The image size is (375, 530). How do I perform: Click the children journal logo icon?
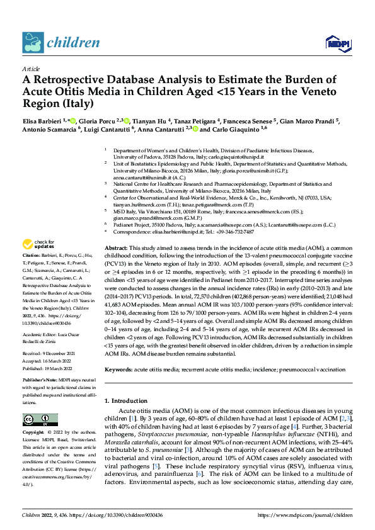[x=33, y=43]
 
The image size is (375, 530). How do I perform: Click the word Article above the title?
[x=31, y=69]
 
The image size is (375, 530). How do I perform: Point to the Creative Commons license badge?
[x=40, y=420]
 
